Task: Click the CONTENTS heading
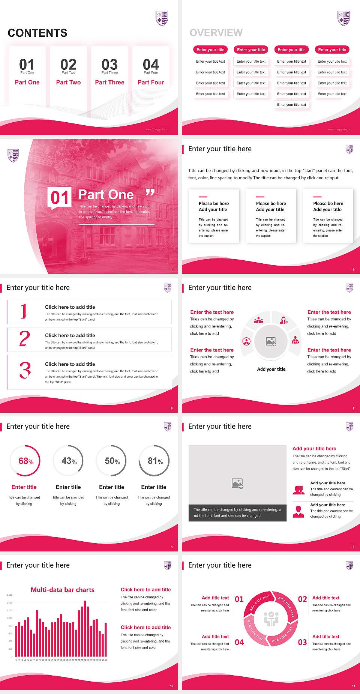(x=37, y=33)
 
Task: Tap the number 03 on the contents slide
(x=109, y=65)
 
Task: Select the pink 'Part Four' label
(x=151, y=83)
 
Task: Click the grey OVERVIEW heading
(x=216, y=33)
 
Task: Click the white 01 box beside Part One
(x=60, y=197)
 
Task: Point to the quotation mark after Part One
(x=150, y=193)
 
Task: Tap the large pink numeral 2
(x=24, y=339)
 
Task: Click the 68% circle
(x=25, y=461)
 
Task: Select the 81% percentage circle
(x=154, y=461)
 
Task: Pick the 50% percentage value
(x=112, y=461)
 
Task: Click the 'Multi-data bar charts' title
(x=63, y=590)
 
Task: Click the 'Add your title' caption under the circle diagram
(x=271, y=369)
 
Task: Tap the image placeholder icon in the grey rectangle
(x=237, y=484)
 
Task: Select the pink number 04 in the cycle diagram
(x=239, y=642)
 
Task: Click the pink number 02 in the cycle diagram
(x=302, y=599)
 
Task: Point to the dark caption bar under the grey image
(x=237, y=512)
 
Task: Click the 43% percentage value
(x=69, y=461)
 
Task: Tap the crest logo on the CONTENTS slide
(x=162, y=18)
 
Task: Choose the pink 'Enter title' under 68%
(x=24, y=487)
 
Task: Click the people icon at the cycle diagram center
(x=271, y=619)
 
